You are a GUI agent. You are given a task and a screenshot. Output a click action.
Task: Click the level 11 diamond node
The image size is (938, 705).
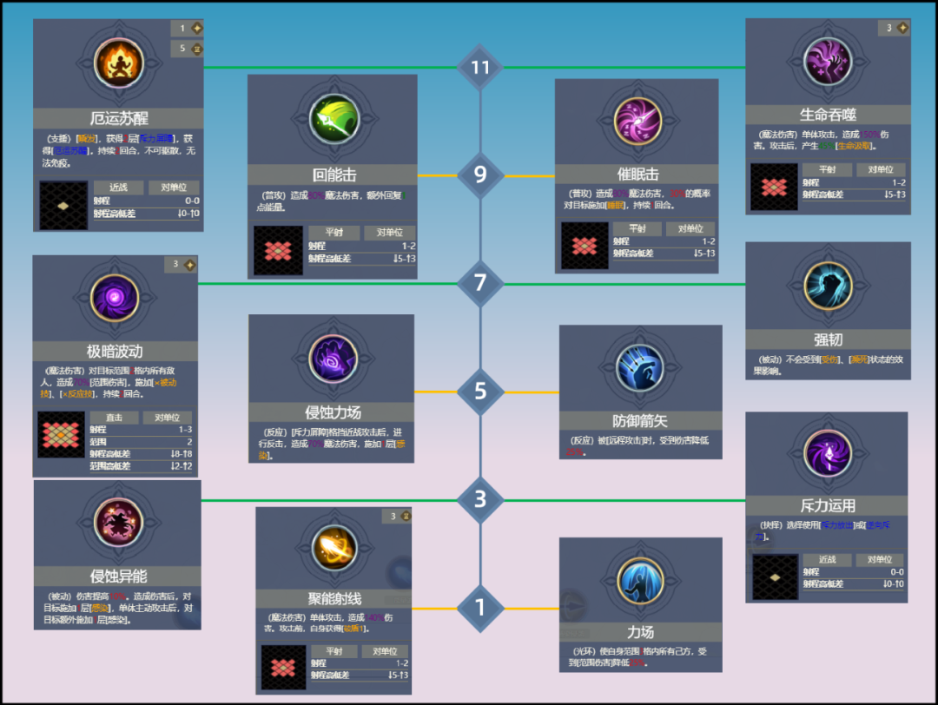point(480,68)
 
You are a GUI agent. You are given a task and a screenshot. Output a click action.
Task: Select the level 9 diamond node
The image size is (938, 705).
point(480,175)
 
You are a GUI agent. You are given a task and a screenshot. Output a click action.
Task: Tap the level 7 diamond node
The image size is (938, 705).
point(480,283)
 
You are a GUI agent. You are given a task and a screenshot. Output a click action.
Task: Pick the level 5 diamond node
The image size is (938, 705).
point(480,392)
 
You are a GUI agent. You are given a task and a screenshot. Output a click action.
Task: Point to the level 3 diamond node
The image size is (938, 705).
point(480,500)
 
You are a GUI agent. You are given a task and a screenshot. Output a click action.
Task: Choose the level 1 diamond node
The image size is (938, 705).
point(480,608)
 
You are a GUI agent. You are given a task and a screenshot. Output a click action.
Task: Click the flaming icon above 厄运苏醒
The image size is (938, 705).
point(118,68)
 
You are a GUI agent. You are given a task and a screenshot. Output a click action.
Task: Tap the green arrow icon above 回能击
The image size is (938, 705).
point(334,120)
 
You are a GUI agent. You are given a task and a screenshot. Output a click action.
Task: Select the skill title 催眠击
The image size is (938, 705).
point(637,175)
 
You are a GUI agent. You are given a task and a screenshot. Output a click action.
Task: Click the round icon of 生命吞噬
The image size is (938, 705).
point(828,63)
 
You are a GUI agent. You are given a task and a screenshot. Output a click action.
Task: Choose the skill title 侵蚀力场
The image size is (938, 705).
point(332,412)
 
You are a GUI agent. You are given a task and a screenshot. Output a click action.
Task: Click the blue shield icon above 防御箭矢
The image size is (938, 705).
point(640,367)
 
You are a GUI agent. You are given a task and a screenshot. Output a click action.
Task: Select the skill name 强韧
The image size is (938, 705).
point(828,339)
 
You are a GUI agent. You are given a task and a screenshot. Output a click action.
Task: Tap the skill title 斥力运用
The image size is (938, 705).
point(827,505)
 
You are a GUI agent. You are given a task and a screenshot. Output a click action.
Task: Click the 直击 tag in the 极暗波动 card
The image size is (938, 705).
point(114,418)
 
